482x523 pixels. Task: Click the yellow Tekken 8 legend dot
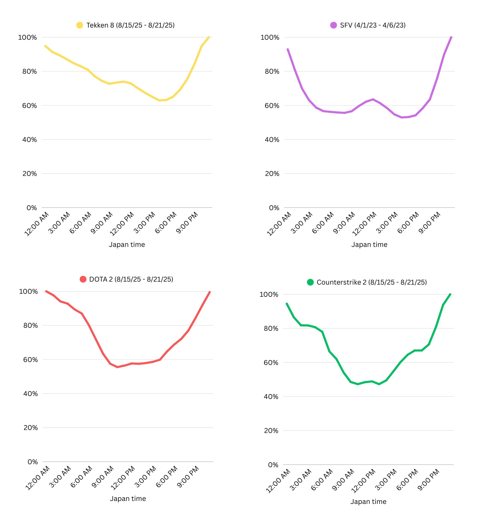click(80, 25)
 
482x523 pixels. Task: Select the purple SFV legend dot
click(333, 25)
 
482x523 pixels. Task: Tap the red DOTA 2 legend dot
click(83, 279)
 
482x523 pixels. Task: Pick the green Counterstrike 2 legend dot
click(310, 282)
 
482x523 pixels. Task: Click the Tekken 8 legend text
click(130, 25)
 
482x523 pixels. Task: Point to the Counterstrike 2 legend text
click(371, 282)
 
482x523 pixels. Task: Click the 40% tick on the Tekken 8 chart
click(30, 140)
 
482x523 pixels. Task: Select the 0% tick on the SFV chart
click(274, 208)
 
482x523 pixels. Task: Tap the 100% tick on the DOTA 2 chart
click(28, 292)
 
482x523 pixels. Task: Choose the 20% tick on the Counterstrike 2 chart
click(271, 430)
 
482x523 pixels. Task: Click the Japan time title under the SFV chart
click(369, 245)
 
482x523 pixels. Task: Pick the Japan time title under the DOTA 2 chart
click(128, 498)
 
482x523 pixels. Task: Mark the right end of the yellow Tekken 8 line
click(209, 37)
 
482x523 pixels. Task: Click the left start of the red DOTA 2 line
click(46, 292)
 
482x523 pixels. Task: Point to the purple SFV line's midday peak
click(373, 99)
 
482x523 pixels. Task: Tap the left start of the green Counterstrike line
click(287, 304)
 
